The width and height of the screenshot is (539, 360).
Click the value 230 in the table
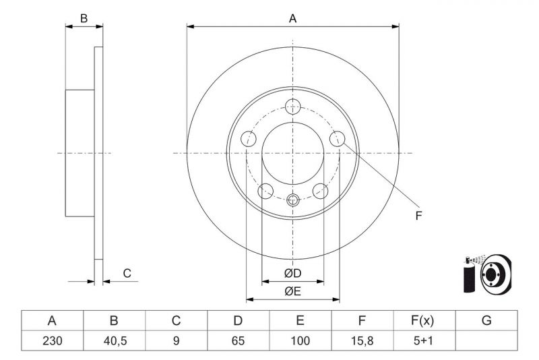[52, 340]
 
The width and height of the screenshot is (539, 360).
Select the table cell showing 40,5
[114, 340]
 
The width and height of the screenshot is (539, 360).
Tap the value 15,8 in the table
[362, 340]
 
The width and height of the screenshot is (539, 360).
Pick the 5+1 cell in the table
[424, 340]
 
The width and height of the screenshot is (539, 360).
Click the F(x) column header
[424, 321]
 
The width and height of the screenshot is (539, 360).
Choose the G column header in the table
[486, 321]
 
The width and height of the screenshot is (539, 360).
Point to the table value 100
[300, 340]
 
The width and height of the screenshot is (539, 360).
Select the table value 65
[238, 340]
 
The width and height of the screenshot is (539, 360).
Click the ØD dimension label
[292, 273]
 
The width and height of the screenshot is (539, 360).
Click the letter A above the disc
[292, 19]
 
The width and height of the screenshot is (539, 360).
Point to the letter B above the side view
[84, 19]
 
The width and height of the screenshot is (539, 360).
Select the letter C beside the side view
[127, 273]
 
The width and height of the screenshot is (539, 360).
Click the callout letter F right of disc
[418, 216]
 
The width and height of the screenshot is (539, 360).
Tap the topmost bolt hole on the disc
[292, 105]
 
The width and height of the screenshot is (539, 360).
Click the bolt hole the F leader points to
[338, 139]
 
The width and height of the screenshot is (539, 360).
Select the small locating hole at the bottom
[292, 200]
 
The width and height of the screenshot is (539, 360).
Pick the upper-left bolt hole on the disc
[248, 139]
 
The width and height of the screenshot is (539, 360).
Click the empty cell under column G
[486, 340]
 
